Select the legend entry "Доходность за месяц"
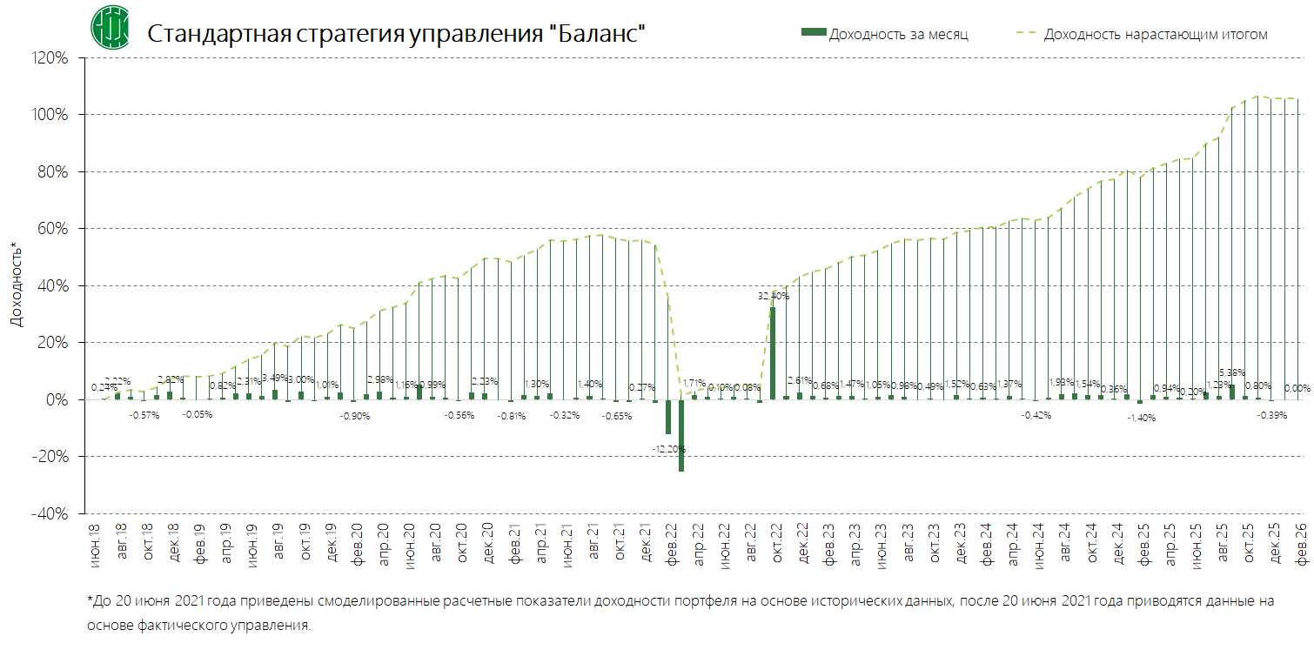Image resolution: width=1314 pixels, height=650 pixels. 898,34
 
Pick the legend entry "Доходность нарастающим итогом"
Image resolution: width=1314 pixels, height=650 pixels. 1155,34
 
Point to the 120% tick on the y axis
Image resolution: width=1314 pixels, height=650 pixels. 50,58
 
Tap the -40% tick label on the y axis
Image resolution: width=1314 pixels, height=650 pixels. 50,513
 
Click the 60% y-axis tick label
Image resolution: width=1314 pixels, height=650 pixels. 53,229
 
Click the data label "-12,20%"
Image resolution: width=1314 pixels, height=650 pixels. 668,449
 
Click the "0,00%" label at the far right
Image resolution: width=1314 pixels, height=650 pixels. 1297,388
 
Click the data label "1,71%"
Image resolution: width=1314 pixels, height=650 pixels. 694,383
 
